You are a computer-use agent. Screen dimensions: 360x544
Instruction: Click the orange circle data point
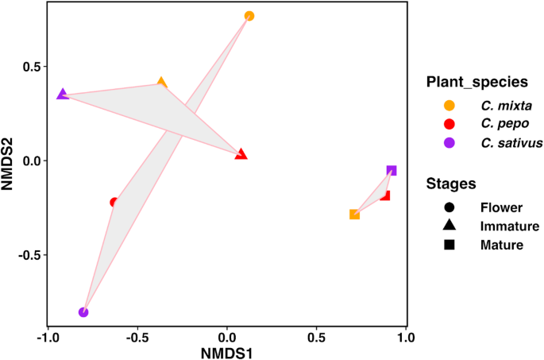[249, 16]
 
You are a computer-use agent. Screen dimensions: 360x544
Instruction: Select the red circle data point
[114, 203]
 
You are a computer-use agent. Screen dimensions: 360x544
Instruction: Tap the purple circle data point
[83, 312]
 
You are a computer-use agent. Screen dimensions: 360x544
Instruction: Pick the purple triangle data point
[63, 95]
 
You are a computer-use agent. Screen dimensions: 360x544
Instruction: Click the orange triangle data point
[162, 83]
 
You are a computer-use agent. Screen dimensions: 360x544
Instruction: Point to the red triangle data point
[241, 154]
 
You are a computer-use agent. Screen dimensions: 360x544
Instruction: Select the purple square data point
[392, 171]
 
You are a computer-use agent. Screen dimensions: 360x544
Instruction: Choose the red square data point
[385, 195]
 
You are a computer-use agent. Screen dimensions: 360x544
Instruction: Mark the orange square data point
[354, 215]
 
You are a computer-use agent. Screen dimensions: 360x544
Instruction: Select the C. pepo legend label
[501, 124]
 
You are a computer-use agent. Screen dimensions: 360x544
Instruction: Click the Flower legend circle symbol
[449, 207]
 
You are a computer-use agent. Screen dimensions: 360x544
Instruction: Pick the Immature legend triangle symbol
[449, 226]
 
